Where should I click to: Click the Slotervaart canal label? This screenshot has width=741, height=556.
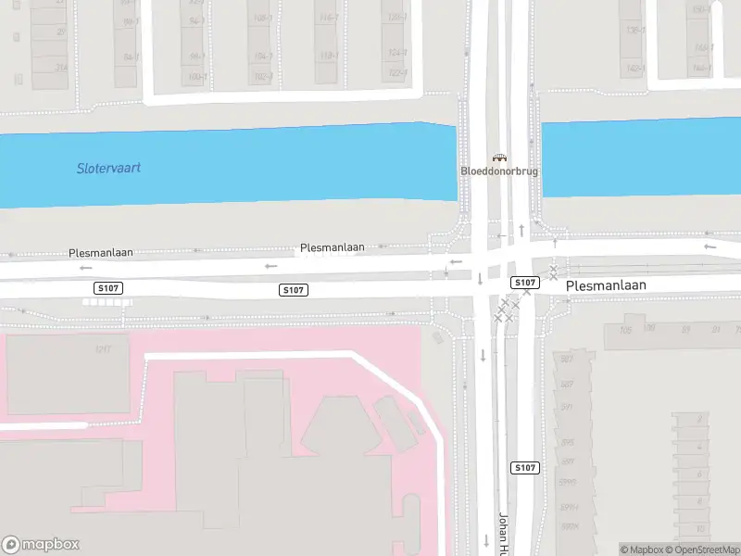(109, 169)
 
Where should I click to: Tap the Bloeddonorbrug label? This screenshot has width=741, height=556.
(499, 171)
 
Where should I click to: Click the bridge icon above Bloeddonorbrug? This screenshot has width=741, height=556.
(499, 158)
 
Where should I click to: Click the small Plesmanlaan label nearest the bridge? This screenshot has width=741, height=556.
(332, 248)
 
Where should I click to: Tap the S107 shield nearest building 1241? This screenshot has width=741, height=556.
(107, 289)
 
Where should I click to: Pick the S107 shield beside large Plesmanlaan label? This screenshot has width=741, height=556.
(525, 282)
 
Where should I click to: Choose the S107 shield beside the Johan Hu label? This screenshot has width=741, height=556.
(524, 468)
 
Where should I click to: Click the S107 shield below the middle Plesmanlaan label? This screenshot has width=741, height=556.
(293, 290)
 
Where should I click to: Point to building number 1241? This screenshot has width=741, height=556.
(102, 349)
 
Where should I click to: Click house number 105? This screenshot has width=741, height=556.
(625, 329)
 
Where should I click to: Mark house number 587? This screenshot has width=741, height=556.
(567, 359)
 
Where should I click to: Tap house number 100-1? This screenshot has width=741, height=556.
(196, 77)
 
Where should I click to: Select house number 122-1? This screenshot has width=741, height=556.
(398, 72)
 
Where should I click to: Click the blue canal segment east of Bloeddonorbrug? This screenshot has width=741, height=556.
(639, 158)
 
